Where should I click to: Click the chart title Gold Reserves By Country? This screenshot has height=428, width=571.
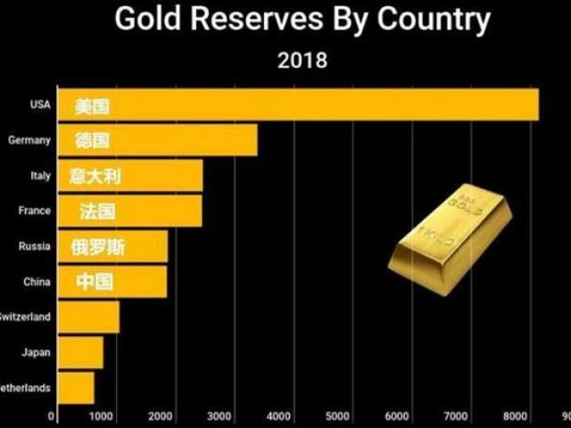(x=302, y=19)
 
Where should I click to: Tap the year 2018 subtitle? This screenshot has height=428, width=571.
(x=302, y=61)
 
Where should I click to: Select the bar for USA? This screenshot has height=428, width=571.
(x=298, y=104)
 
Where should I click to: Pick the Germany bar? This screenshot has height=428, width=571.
(x=157, y=140)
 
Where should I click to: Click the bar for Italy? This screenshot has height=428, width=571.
(x=130, y=176)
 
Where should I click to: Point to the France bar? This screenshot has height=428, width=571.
(x=130, y=211)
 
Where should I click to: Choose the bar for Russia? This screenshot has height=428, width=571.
(x=112, y=246)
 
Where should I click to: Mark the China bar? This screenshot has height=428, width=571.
(x=112, y=282)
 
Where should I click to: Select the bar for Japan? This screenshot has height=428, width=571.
(x=80, y=352)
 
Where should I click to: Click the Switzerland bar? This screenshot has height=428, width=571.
(x=88, y=317)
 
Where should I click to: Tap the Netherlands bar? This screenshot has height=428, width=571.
(x=76, y=387)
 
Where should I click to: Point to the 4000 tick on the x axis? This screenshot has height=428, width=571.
(x=278, y=416)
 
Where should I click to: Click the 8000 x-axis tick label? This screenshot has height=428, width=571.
(x=514, y=416)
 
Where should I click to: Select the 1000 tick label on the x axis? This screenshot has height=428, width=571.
(x=101, y=416)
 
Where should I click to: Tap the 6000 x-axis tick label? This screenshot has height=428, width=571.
(x=396, y=416)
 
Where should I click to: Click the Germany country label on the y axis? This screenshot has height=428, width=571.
(x=29, y=140)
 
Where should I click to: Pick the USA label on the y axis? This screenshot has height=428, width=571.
(x=40, y=104)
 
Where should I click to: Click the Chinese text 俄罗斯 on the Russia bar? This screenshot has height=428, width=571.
(x=98, y=247)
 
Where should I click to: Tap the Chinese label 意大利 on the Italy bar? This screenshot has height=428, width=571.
(x=95, y=176)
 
